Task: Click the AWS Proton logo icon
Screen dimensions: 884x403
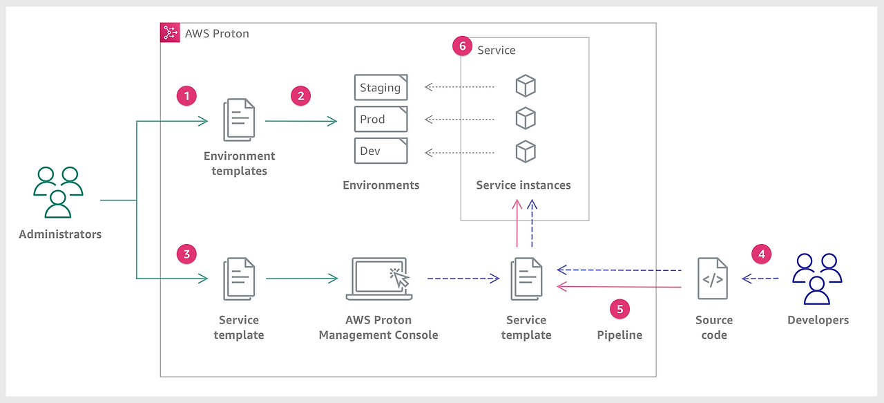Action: [170, 32]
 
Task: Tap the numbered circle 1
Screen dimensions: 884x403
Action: [186, 96]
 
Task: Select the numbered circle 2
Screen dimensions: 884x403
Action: [300, 96]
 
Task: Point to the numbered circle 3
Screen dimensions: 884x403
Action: [186, 254]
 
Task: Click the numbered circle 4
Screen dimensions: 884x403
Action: [762, 254]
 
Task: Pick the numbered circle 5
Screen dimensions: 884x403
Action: [620, 309]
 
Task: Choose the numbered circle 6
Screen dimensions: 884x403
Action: [463, 46]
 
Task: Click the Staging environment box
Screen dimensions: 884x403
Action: [381, 87]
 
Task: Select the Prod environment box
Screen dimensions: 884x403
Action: [381, 119]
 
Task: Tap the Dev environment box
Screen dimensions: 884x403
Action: [381, 151]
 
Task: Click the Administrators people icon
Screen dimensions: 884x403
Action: [58, 192]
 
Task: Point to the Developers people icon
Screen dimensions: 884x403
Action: [817, 279]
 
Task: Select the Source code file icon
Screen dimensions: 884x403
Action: [713, 279]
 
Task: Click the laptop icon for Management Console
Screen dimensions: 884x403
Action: [379, 279]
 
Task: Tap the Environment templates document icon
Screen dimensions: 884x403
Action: [239, 120]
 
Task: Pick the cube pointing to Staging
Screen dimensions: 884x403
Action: [526, 86]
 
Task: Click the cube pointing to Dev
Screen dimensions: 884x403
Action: [526, 151]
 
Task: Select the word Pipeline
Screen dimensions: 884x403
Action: [619, 335]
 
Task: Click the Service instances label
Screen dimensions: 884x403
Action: [523, 185]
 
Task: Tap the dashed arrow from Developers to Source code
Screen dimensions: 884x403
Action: [760, 279]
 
